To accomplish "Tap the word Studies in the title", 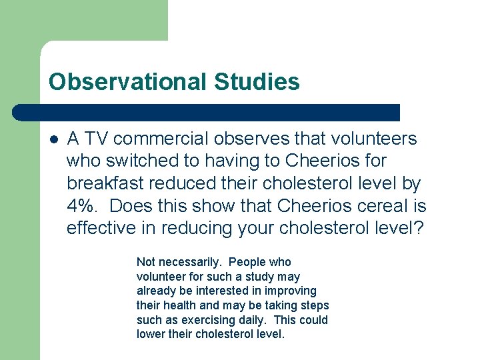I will (257, 82).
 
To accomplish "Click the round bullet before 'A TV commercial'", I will (54, 139).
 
